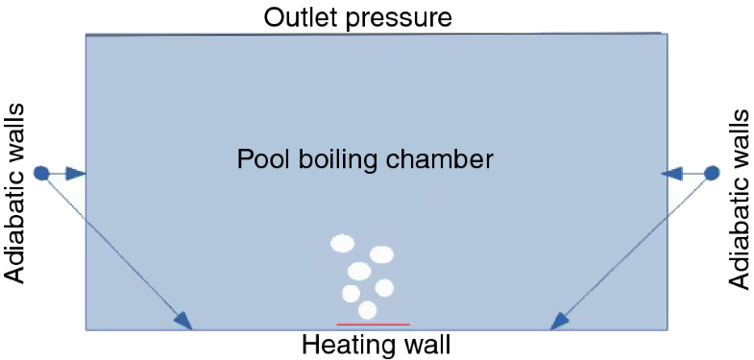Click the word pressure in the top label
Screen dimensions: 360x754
click(x=403, y=17)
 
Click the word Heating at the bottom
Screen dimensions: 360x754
click(x=341, y=345)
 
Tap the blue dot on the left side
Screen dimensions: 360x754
click(x=41, y=174)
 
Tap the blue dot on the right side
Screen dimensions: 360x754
click(x=712, y=173)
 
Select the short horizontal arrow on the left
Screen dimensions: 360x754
click(x=65, y=174)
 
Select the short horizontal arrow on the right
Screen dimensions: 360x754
click(x=684, y=173)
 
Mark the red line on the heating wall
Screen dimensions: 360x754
click(x=373, y=324)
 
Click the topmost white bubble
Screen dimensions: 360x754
click(x=342, y=243)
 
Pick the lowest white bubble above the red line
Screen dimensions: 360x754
click(x=367, y=310)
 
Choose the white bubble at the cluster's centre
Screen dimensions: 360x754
click(x=359, y=271)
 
